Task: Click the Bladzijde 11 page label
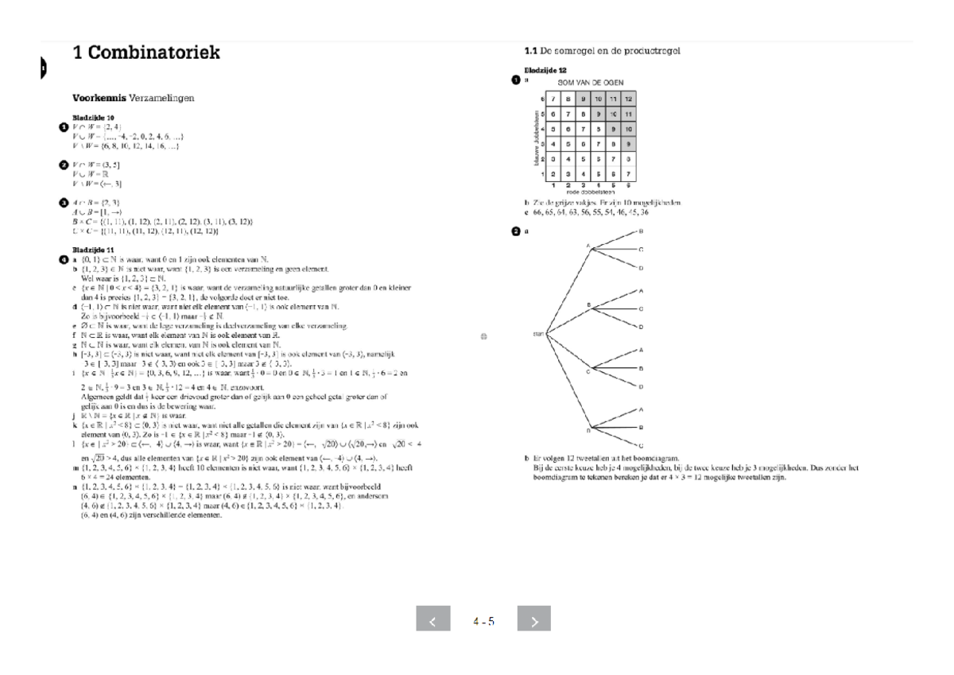click(x=93, y=250)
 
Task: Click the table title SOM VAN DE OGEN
click(x=591, y=82)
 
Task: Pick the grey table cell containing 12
click(x=628, y=99)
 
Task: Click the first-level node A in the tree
click(x=588, y=246)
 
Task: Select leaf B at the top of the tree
click(x=641, y=231)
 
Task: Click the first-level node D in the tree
click(x=588, y=429)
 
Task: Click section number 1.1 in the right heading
click(x=531, y=51)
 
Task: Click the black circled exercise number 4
click(x=64, y=259)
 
